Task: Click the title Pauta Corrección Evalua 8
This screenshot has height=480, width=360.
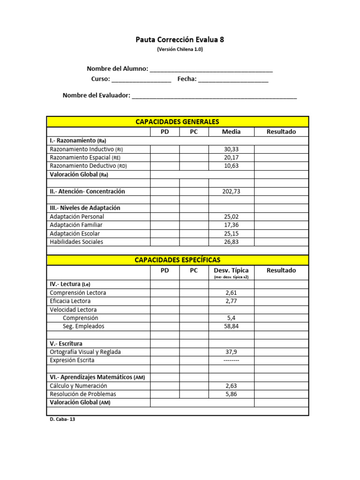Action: pyautogui.click(x=180, y=40)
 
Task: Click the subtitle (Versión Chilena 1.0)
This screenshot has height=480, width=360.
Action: pyautogui.click(x=180, y=49)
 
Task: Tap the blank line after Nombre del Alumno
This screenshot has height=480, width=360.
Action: pyautogui.click(x=211, y=70)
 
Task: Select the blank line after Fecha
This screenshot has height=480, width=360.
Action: pyautogui.click(x=233, y=80)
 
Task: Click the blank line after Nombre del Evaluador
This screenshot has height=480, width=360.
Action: pyautogui.click(x=214, y=96)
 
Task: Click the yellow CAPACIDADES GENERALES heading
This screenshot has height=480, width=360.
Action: pyautogui.click(x=177, y=122)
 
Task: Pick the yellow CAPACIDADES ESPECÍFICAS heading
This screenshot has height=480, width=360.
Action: pyautogui.click(x=177, y=260)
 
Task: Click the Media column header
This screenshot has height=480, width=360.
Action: pyautogui.click(x=231, y=132)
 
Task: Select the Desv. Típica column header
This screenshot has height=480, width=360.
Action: pyautogui.click(x=231, y=270)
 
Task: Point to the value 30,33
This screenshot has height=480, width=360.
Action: pyautogui.click(x=231, y=149)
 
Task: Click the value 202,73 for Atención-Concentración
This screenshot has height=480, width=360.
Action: pyautogui.click(x=231, y=191)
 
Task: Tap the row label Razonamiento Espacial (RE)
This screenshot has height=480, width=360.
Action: pyautogui.click(x=85, y=157)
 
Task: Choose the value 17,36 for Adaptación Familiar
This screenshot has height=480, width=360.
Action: pyautogui.click(x=231, y=225)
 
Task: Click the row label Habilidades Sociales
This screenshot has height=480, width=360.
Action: pyautogui.click(x=76, y=242)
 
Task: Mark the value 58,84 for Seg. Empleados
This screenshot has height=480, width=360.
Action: pyautogui.click(x=231, y=326)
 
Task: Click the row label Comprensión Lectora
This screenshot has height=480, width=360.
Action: pyautogui.click(x=78, y=292)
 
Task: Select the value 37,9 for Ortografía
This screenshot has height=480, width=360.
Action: pyautogui.click(x=231, y=352)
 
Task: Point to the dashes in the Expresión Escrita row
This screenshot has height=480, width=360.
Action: pyautogui.click(x=231, y=360)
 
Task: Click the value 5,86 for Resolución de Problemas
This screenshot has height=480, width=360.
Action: pyautogui.click(x=231, y=394)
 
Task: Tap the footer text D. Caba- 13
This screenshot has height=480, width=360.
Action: pyautogui.click(x=62, y=420)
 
